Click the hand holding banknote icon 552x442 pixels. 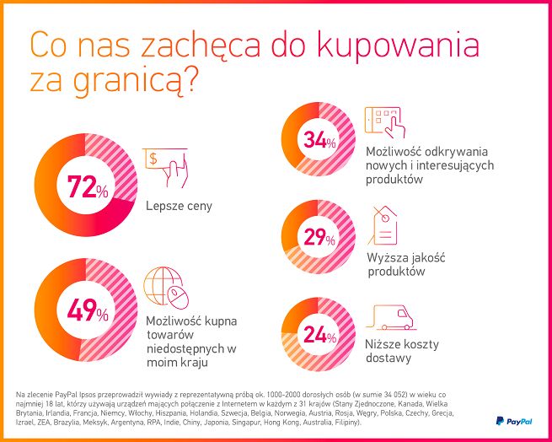(x=165, y=166)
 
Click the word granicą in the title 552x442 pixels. (x=131, y=82)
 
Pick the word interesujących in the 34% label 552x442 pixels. (x=446, y=165)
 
